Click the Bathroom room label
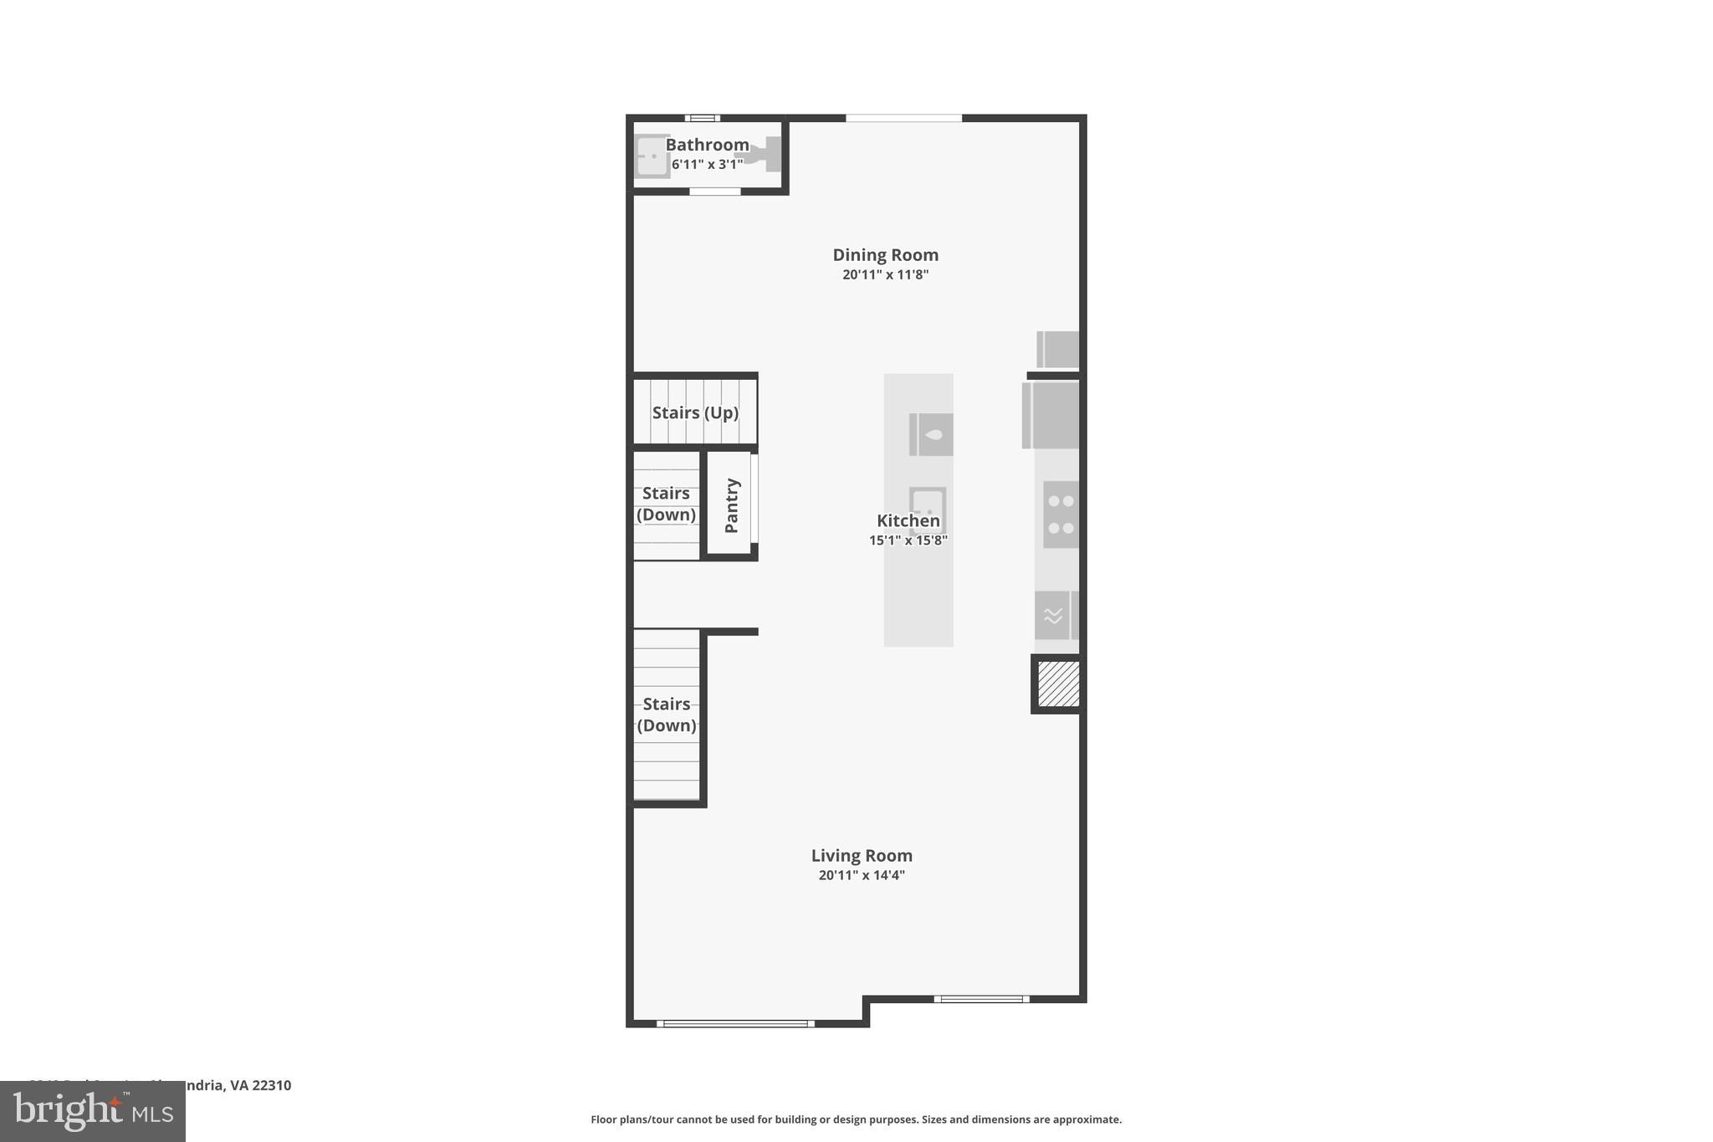pos(707,145)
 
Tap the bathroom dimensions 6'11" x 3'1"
pos(707,164)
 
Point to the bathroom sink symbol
pos(652,156)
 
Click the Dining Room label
pos(885,255)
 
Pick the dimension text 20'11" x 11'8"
pos(885,274)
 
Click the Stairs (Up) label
pos(694,412)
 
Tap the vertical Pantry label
pos(731,504)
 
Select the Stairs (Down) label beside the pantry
pos(666,504)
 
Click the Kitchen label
pos(908,520)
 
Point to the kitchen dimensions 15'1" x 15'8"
pos(908,540)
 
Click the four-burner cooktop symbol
pos(1061,515)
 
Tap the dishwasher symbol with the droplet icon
pos(931,434)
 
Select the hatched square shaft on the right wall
pos(1058,684)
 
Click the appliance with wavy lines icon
pos(1053,616)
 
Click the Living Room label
pos(862,856)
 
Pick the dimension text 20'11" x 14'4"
pos(862,875)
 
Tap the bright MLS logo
pos(93,1112)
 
